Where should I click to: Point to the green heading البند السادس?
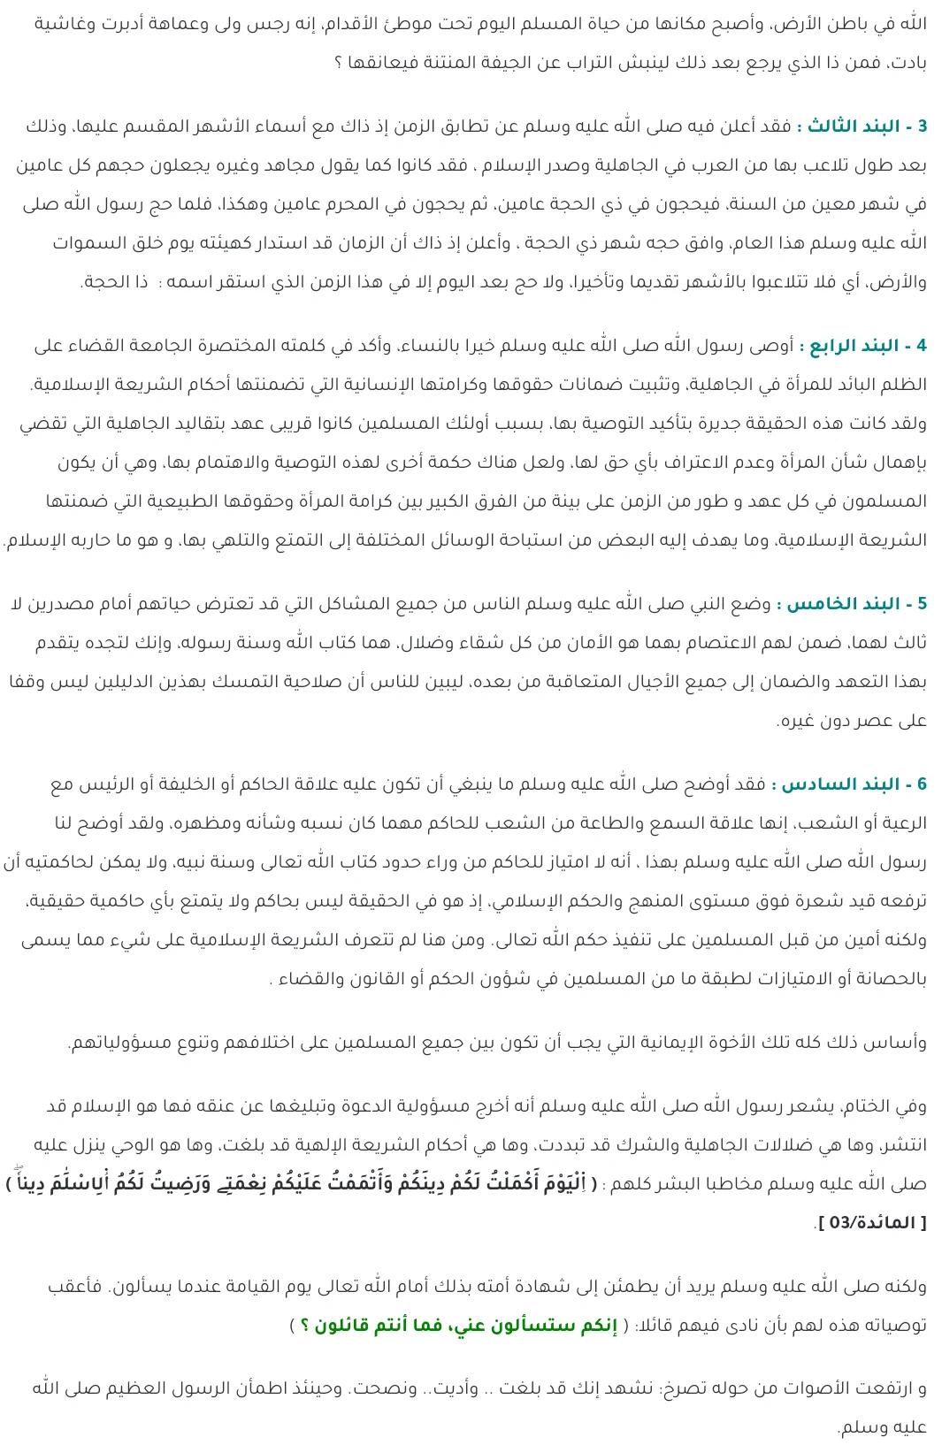pos(841,784)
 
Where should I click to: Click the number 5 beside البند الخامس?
pos(923,604)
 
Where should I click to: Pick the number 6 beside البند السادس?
pos(923,784)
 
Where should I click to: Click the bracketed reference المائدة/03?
pos(873,1223)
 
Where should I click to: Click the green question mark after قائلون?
pos(305,1326)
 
